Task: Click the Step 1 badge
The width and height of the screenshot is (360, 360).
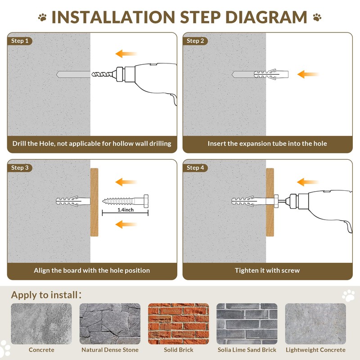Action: [x=20, y=41]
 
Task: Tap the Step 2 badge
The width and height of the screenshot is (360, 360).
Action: [x=195, y=41]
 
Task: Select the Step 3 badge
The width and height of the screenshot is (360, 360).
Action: [x=20, y=167]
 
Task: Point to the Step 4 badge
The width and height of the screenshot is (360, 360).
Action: [x=195, y=167]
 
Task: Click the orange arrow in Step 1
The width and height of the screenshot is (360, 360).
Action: [x=126, y=54]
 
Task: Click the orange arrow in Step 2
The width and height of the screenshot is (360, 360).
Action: [x=308, y=74]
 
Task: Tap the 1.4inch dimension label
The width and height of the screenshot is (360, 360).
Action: [x=126, y=210]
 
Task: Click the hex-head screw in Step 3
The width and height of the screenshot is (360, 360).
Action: [x=126, y=201]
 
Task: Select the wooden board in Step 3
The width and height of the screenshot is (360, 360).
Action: [x=94, y=202]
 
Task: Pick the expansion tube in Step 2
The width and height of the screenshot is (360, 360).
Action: [x=271, y=74]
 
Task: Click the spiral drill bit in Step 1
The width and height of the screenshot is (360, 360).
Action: [x=103, y=74]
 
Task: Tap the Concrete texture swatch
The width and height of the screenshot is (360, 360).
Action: [x=41, y=324]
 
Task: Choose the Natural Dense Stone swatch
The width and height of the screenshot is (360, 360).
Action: [x=110, y=324]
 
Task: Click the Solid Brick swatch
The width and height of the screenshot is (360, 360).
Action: [x=178, y=324]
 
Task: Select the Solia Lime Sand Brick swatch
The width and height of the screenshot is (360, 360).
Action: [x=247, y=324]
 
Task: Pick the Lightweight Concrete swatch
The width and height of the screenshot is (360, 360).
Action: [x=315, y=324]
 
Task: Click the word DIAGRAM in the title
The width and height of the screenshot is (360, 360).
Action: [x=266, y=17]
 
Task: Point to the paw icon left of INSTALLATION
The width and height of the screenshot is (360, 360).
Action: [x=42, y=17]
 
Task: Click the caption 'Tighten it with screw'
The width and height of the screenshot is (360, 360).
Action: [x=267, y=270]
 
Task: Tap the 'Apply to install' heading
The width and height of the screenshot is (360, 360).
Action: [x=46, y=295]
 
